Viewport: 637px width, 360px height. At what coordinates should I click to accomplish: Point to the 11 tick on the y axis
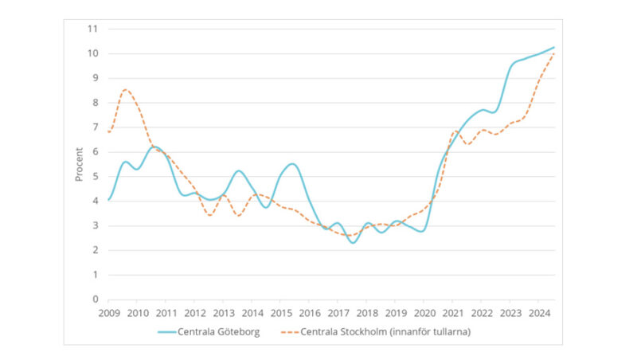click(92, 29)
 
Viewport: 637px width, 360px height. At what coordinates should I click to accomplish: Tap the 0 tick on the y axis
click(95, 299)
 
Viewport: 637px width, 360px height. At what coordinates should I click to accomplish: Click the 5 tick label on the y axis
click(95, 176)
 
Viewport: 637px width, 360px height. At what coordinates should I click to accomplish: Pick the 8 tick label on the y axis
click(95, 103)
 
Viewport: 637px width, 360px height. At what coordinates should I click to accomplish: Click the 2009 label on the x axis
click(108, 312)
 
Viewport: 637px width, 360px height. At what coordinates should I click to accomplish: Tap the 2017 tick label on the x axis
click(338, 312)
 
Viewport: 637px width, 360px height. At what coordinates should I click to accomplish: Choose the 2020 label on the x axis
click(424, 312)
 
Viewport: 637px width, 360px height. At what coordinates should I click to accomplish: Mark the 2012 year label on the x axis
click(194, 312)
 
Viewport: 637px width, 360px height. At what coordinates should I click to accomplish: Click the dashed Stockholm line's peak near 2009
click(126, 89)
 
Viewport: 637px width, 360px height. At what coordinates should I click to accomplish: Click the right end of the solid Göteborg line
click(553, 47)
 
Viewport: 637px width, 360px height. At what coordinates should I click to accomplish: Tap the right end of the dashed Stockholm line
click(553, 53)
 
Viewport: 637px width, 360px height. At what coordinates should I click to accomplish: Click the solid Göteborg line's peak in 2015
click(291, 164)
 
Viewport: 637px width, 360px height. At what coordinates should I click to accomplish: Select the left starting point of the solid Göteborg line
click(108, 199)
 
